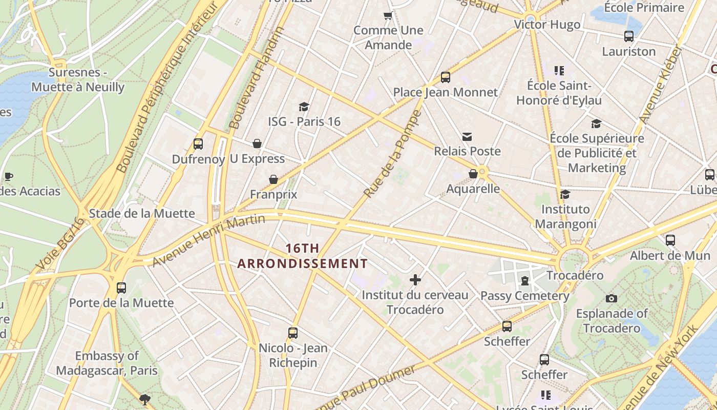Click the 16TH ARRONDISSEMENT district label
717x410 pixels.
click(302, 256)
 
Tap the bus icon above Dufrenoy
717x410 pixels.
click(198, 144)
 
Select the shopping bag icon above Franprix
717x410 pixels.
click(273, 179)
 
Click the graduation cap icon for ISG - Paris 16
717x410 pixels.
click(304, 107)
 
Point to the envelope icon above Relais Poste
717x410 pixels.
click(467, 136)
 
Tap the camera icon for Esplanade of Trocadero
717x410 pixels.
click(611, 298)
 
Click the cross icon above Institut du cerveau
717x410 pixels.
click(415, 280)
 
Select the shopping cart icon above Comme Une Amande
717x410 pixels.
click(388, 15)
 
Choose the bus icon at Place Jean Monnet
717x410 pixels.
click(446, 77)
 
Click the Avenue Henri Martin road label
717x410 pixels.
click(209, 240)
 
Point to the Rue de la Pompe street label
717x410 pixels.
click(392, 154)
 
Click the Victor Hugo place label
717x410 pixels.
click(547, 25)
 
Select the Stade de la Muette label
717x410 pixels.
click(142, 213)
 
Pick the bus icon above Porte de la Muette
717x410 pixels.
click(121, 288)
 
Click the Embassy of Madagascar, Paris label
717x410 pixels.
click(107, 363)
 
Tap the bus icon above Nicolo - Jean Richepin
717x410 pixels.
click(293, 333)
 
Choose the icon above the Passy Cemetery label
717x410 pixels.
click(524, 280)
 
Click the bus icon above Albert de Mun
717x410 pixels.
click(670, 240)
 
